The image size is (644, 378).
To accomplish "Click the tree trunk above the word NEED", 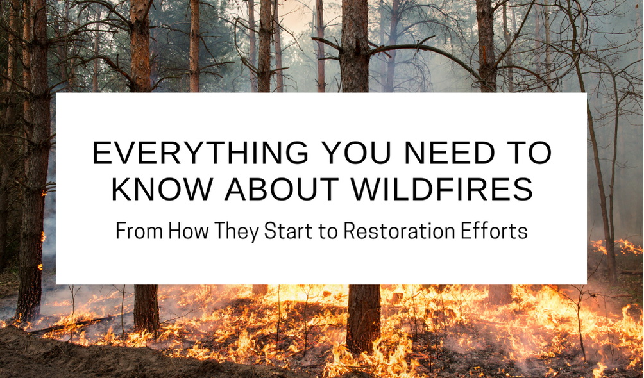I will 485,45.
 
